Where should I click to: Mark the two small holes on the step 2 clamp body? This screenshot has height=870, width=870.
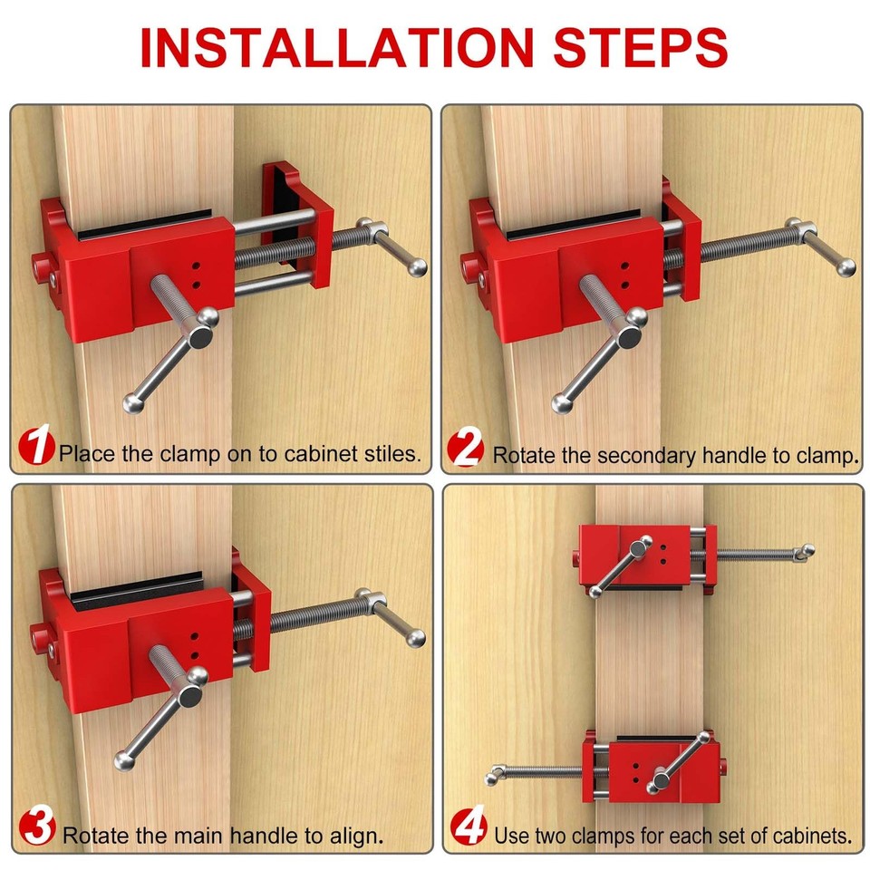click(624, 278)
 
